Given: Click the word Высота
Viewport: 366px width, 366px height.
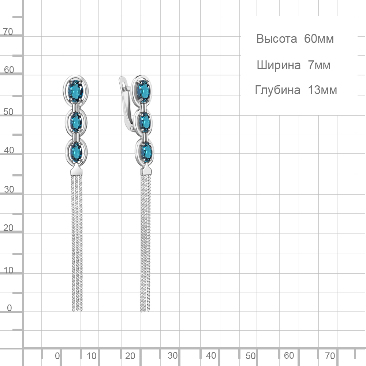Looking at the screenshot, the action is tap(277, 39).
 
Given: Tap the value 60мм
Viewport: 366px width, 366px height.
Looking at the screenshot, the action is tap(319, 39).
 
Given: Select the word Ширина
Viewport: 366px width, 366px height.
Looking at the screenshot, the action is tap(279, 65).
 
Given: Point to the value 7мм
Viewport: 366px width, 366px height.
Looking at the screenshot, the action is tap(319, 65).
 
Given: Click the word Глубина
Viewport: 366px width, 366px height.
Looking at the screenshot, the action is tap(277, 90).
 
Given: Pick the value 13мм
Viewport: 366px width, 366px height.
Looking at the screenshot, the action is tap(322, 90).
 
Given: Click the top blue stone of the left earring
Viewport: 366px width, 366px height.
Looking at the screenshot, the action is tap(75, 90).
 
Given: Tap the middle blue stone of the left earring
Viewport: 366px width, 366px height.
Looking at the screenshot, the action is tap(76, 122).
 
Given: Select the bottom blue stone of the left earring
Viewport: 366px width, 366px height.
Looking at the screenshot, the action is tap(76, 152).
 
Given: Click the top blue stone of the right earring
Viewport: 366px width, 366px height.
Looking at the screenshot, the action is tap(143, 91).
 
